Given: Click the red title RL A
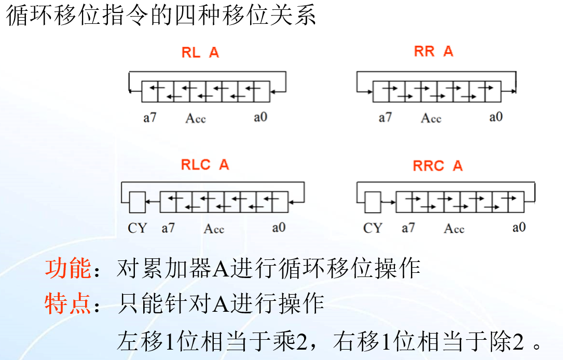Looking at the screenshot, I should tap(200, 52).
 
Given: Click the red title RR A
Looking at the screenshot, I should tap(433, 51).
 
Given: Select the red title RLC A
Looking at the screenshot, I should tap(204, 165).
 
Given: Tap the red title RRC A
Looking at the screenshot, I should tap(437, 166).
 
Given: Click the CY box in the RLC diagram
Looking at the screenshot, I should tap(137, 202).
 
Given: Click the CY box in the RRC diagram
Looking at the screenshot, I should tap(372, 202).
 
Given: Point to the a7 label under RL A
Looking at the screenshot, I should tap(150, 117).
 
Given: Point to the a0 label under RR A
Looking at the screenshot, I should tap(496, 117).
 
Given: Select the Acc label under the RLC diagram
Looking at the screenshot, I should tap(214, 229).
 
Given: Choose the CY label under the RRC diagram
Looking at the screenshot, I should tap(373, 228).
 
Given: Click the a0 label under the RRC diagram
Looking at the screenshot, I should tap(519, 227).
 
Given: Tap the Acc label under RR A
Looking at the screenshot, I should tap(431, 118).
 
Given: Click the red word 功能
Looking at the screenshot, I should tap(67, 269).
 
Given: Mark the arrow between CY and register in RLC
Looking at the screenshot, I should tap(152, 202).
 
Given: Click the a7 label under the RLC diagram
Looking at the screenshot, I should tap(168, 228).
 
